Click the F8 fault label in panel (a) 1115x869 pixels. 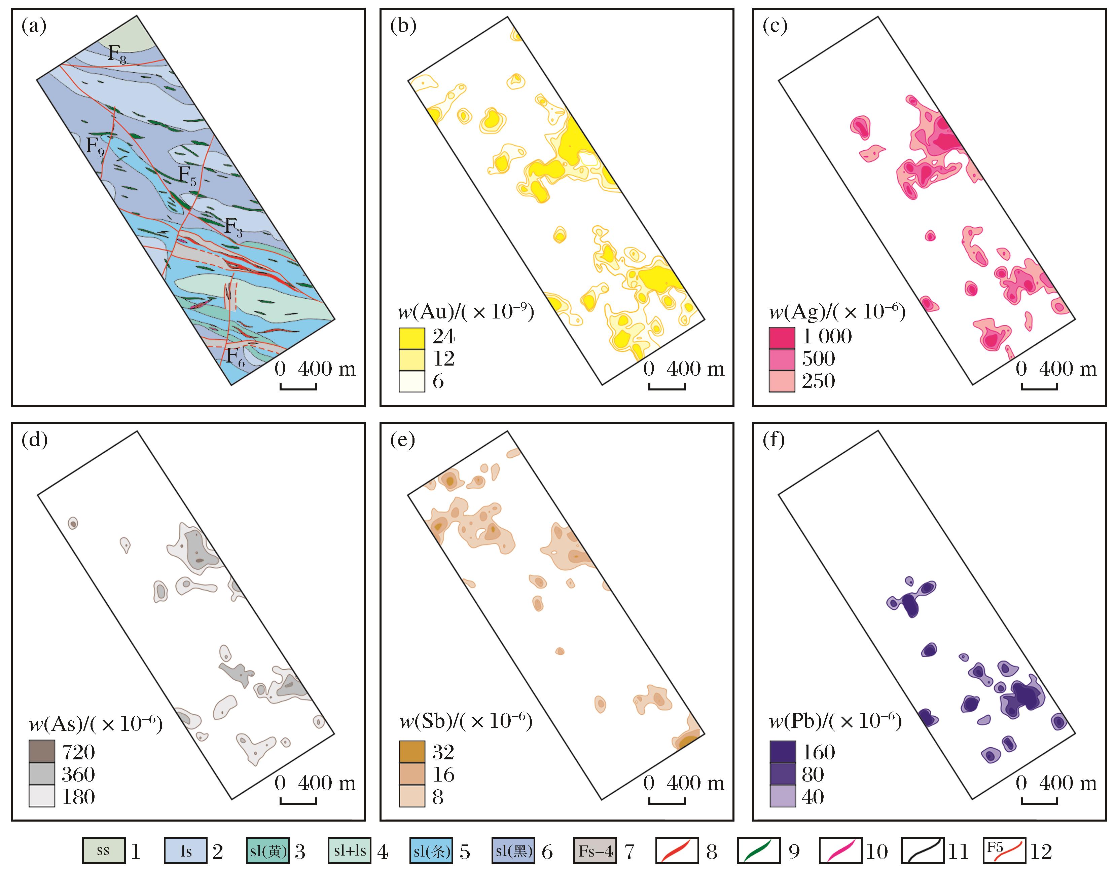click(x=117, y=54)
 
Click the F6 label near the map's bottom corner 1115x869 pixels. click(x=236, y=356)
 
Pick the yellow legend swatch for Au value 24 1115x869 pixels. click(x=411, y=338)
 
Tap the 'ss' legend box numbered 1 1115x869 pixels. click(x=103, y=851)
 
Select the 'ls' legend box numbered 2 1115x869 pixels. click(x=185, y=851)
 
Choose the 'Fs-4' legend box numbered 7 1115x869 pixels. click(x=595, y=851)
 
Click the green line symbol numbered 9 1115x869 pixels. click(x=759, y=851)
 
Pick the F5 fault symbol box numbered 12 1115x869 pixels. click(x=1004, y=851)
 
